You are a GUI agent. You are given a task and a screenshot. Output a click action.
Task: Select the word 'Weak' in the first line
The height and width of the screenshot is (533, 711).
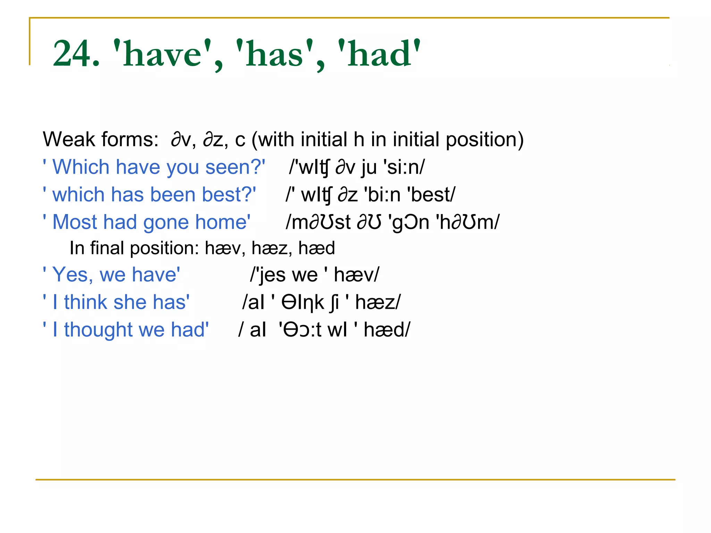point(68,139)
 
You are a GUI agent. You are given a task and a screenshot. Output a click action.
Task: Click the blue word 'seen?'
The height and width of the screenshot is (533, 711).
point(234,167)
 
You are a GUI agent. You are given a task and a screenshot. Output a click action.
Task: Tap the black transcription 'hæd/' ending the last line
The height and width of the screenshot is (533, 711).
point(387,330)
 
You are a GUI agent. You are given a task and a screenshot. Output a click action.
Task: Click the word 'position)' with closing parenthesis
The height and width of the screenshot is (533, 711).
point(485,139)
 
